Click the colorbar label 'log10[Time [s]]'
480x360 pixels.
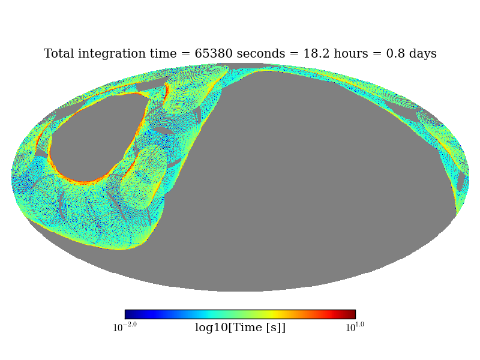click(240, 328)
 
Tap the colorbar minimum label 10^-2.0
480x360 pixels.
click(125, 327)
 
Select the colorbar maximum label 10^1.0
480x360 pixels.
click(354, 327)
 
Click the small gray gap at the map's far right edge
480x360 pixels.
click(460, 181)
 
